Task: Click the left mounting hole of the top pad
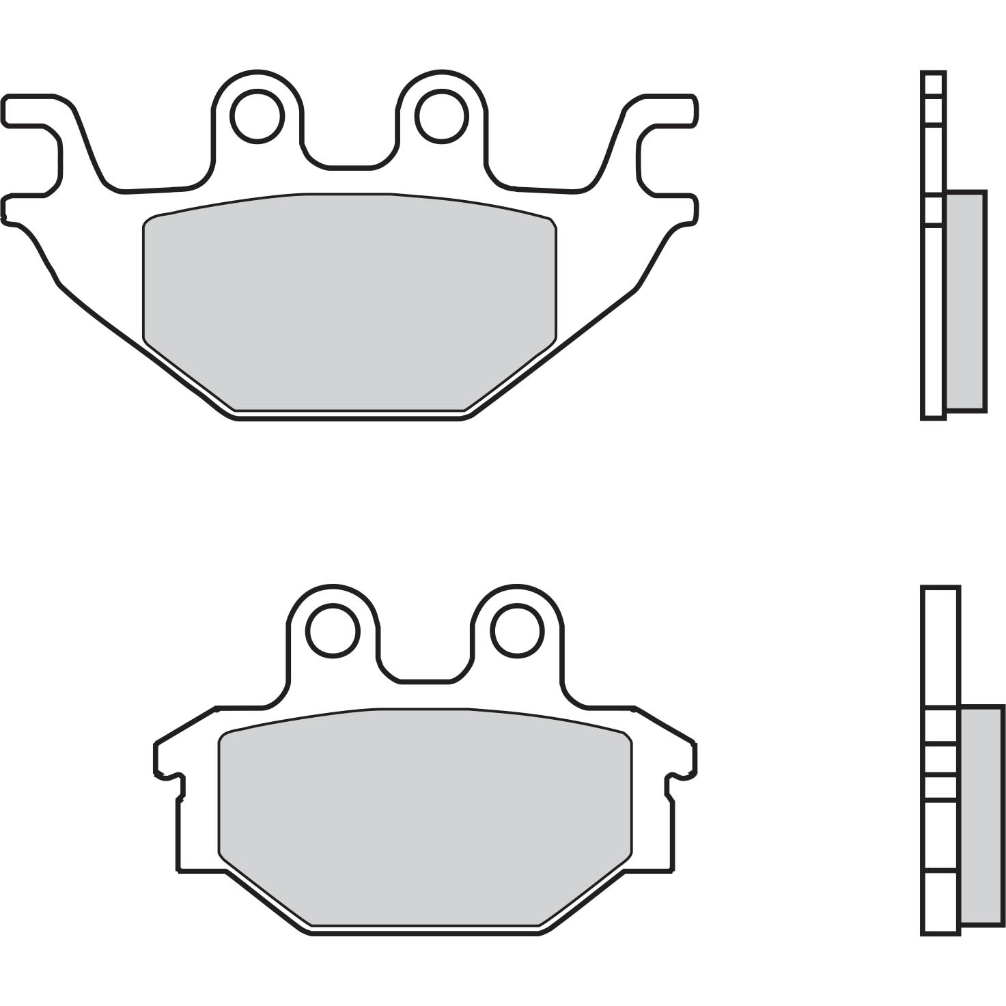click(257, 115)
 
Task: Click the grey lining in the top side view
click(965, 301)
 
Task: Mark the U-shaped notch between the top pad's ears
click(350, 154)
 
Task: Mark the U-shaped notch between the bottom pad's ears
click(425, 669)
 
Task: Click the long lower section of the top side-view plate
click(934, 321)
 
